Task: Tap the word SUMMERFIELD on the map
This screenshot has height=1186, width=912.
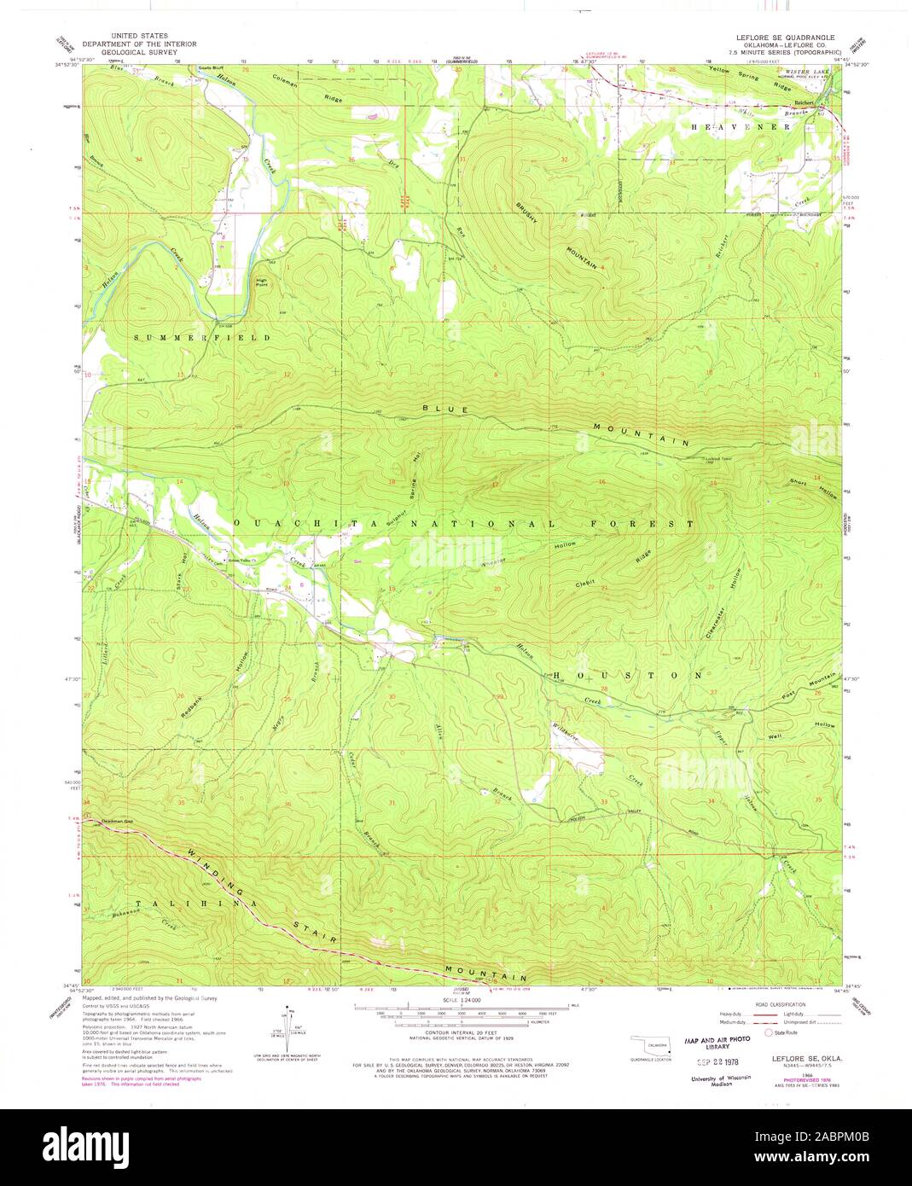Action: coord(202,338)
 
